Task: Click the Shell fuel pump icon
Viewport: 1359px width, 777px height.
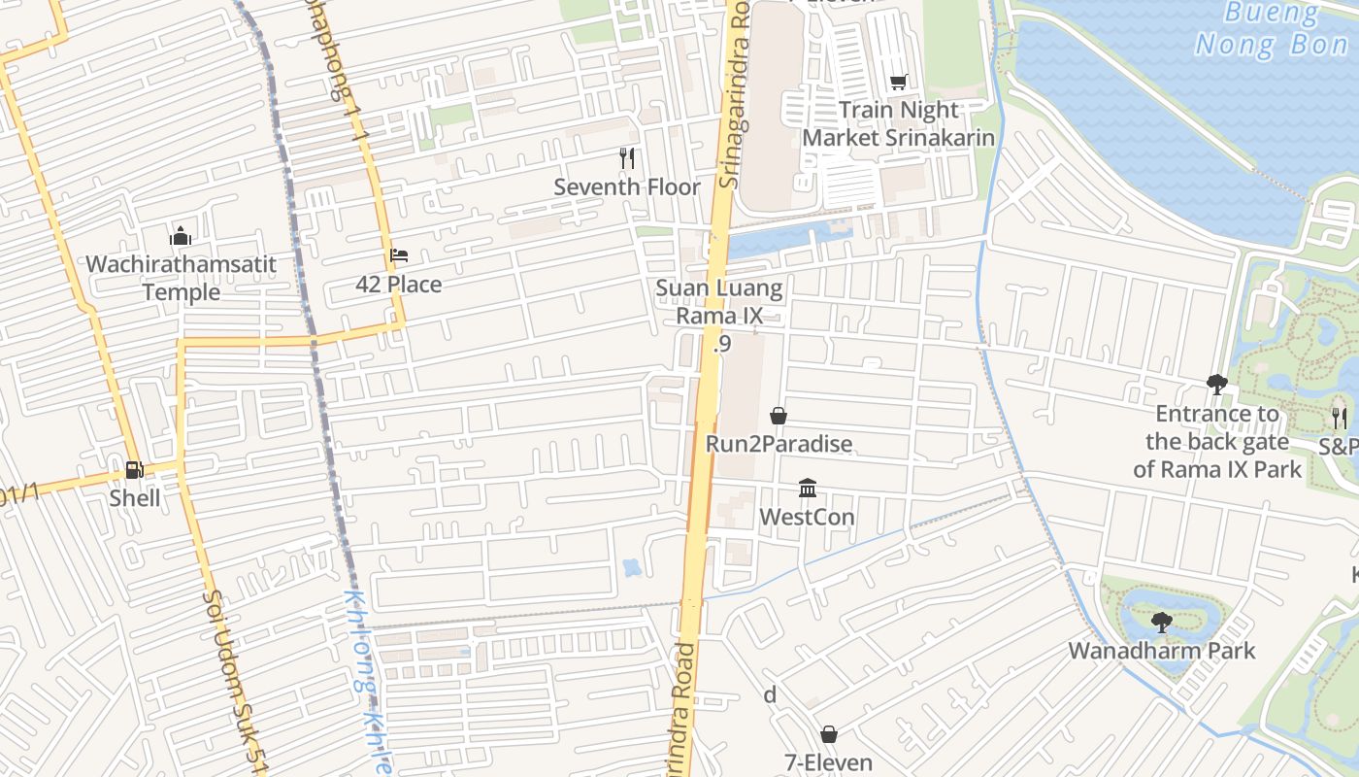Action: [x=134, y=470]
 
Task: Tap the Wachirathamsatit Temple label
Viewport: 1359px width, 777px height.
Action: [x=181, y=278]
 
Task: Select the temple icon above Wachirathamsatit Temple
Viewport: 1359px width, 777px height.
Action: [x=181, y=236]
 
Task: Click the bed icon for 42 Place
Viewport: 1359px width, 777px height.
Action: [x=398, y=256]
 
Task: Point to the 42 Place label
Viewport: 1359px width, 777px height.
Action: [x=398, y=285]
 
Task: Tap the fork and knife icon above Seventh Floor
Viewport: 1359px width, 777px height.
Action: [x=627, y=157]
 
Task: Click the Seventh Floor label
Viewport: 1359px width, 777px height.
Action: [x=627, y=186]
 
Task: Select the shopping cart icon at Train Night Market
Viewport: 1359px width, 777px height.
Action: [x=898, y=83]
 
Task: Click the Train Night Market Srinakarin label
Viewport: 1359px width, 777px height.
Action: [x=898, y=123]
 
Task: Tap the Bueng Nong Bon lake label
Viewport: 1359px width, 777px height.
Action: [x=1271, y=29]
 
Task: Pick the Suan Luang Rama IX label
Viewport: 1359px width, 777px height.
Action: [x=718, y=301]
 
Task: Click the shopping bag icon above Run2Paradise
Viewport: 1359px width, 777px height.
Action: [x=778, y=416]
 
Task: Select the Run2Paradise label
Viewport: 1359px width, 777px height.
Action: [x=778, y=444]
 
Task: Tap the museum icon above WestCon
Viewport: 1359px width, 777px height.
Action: [x=807, y=488]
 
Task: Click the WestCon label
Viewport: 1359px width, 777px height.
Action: [x=807, y=517]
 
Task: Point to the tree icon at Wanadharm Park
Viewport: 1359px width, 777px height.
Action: [x=1161, y=623]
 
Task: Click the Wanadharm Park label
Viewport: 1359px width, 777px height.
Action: [x=1161, y=651]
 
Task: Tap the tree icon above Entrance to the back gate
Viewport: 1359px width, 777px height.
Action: [x=1216, y=385]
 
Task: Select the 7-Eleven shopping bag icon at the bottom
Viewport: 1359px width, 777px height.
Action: [x=829, y=734]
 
